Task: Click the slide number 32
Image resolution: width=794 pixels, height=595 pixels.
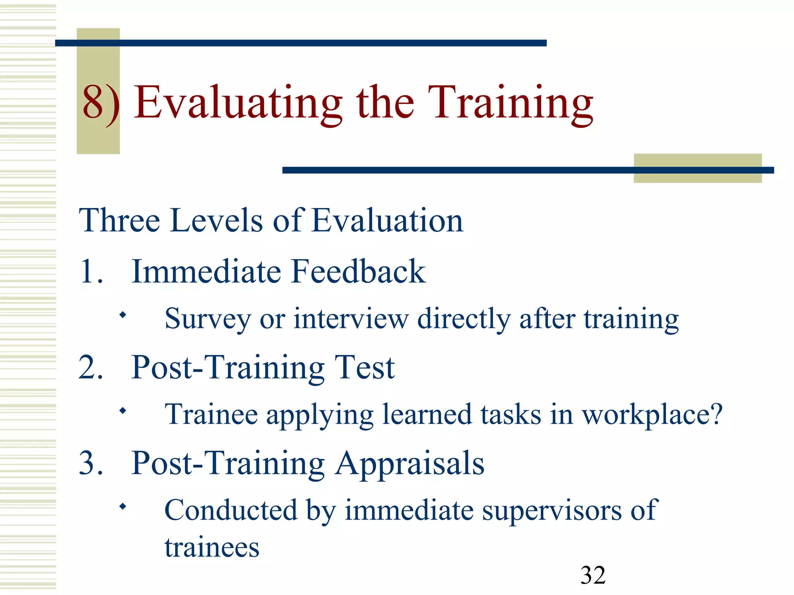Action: [x=593, y=575]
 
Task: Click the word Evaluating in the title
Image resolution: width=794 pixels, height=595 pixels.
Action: [x=238, y=103]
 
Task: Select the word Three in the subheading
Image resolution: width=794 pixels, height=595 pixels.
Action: [x=119, y=220]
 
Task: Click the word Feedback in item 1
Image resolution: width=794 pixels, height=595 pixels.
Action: [x=358, y=272]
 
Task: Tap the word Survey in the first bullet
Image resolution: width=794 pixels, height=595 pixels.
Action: [x=207, y=319]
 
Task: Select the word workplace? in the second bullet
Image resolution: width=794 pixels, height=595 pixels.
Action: [x=652, y=415]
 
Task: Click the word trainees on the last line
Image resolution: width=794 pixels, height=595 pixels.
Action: [x=212, y=548]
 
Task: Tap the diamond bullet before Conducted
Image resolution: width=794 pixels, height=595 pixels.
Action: [x=123, y=506]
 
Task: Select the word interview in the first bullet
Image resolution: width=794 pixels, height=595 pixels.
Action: [x=351, y=319]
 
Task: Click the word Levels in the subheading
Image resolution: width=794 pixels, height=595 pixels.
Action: [x=217, y=220]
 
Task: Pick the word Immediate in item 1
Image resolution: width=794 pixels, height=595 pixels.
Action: [x=206, y=272]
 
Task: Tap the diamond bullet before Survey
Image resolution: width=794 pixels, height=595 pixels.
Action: [x=123, y=315]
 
